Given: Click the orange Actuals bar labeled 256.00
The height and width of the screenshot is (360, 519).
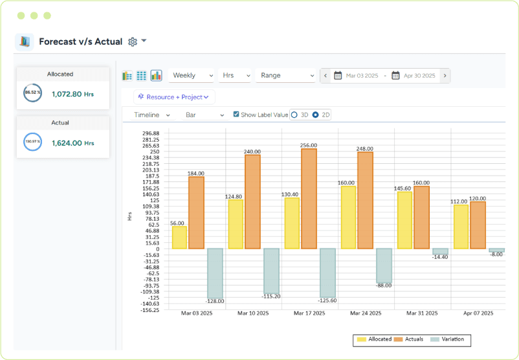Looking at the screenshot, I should (309, 199).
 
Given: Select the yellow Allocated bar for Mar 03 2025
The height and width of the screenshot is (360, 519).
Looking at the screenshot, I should (179, 237).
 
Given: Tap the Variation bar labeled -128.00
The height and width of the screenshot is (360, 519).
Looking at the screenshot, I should (215, 273).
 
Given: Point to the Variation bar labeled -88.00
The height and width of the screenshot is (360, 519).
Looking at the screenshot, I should (384, 265).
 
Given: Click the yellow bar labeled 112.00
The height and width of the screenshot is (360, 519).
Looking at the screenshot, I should (461, 226).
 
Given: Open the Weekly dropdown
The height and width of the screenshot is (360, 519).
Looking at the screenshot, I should (192, 76).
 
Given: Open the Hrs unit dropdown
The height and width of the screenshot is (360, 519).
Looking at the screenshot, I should (235, 76).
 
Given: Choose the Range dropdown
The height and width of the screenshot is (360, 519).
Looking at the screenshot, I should (285, 76).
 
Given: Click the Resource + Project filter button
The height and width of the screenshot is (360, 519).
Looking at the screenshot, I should (174, 97).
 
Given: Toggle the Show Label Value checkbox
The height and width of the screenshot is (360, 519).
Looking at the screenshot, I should (236, 115).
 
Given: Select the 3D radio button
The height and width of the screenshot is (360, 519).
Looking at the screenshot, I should (294, 115).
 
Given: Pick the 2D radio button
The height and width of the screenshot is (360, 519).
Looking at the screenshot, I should (316, 115).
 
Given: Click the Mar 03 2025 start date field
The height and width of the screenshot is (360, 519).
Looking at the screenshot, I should (362, 76).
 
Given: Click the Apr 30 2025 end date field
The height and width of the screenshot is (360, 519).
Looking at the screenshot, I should (419, 76).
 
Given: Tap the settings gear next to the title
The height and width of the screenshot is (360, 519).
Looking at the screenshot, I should (133, 41).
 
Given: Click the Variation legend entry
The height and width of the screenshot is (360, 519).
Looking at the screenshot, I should (447, 339).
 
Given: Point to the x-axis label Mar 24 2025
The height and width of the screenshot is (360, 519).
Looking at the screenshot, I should (366, 313).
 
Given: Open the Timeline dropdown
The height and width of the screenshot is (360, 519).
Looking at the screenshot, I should (152, 115).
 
